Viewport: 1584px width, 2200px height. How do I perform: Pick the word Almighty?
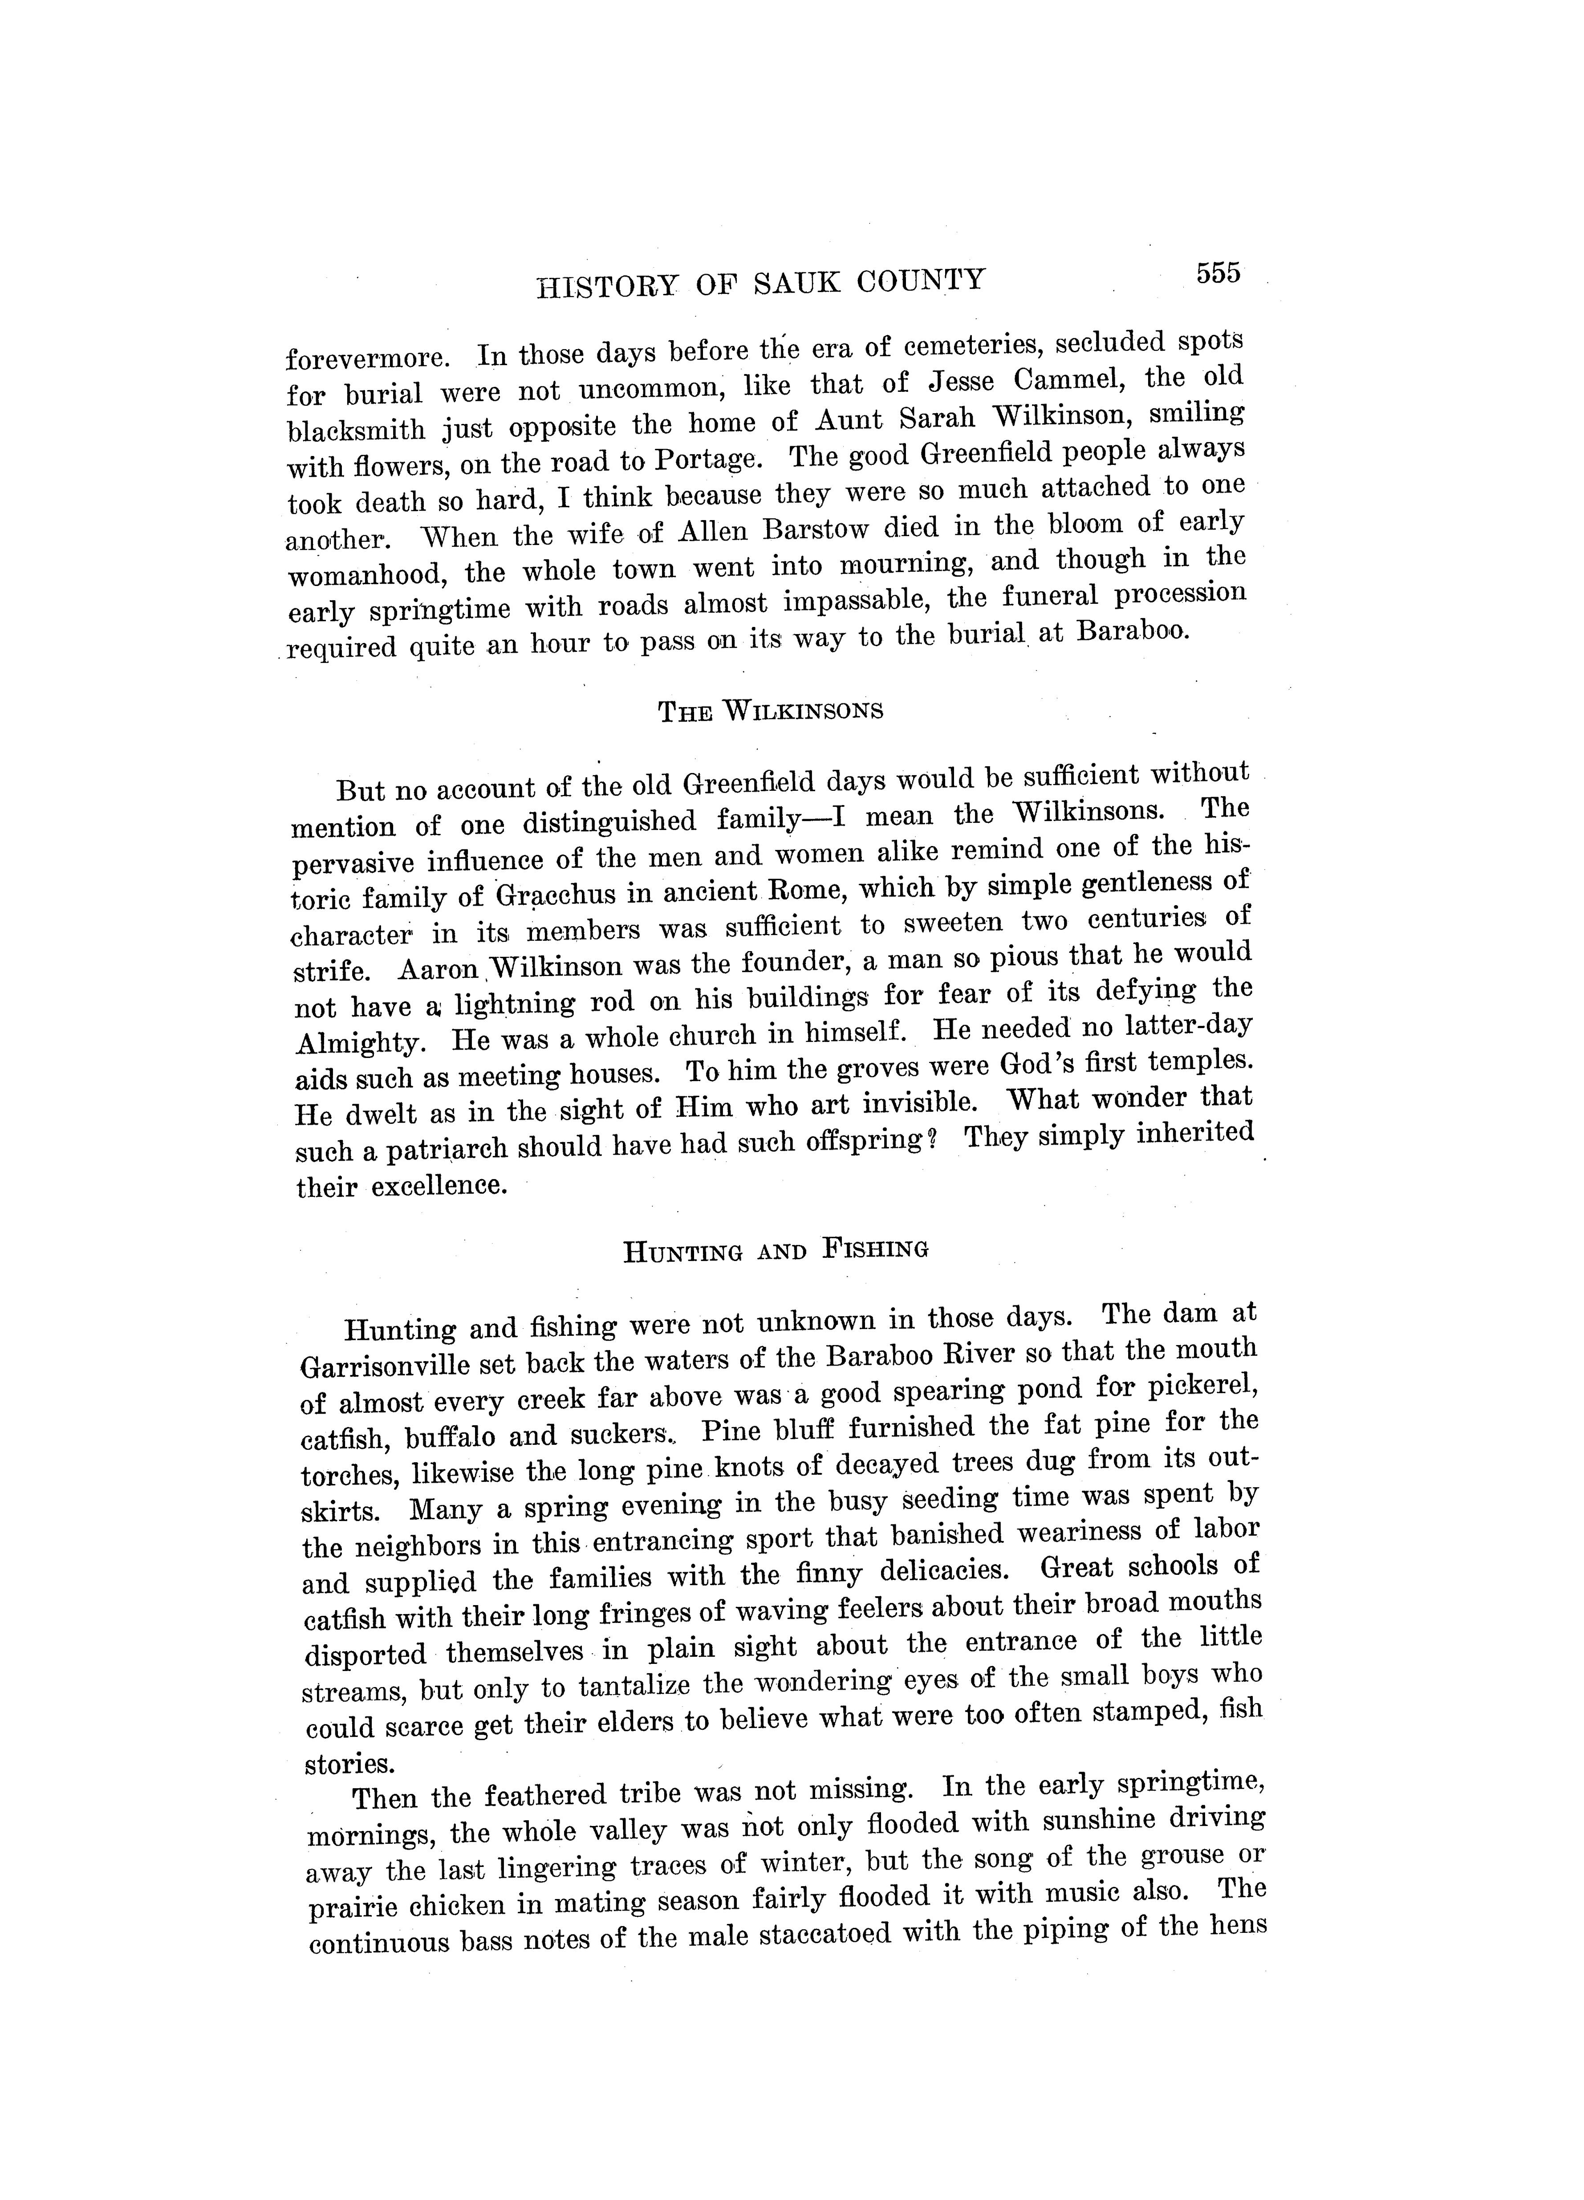pos(359,1043)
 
